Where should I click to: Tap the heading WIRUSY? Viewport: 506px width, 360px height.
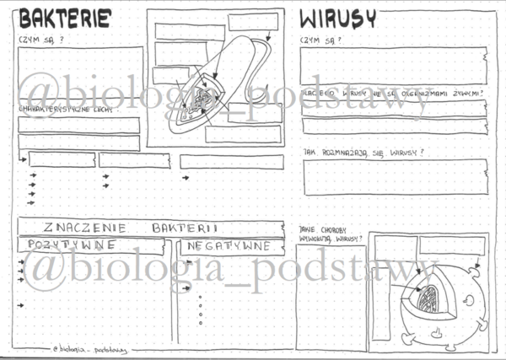coord(338,19)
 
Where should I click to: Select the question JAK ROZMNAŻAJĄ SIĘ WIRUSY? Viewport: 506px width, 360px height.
coord(363,153)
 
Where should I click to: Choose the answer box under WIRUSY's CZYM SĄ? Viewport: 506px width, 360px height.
coord(393,66)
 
